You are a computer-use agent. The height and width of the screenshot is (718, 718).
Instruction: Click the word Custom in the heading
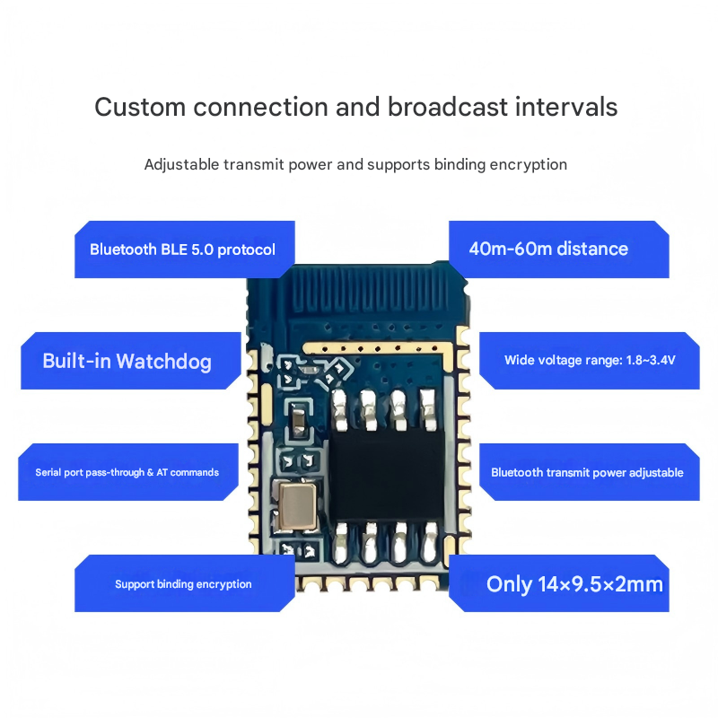click(x=140, y=107)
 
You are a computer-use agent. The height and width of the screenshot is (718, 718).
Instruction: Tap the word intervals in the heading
click(x=566, y=107)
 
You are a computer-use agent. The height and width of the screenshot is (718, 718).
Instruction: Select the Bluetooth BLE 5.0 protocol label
click(x=183, y=250)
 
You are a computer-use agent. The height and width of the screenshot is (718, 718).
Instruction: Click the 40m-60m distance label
click(x=548, y=249)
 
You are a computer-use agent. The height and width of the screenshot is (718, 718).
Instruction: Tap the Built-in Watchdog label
click(x=127, y=362)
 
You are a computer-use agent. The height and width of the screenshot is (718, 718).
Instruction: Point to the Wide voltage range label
click(x=590, y=361)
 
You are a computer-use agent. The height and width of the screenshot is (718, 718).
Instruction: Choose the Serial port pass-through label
click(x=127, y=472)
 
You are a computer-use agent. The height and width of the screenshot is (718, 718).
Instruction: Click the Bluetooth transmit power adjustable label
click(x=587, y=472)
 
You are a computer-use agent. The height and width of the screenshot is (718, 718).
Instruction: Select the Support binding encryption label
click(x=183, y=584)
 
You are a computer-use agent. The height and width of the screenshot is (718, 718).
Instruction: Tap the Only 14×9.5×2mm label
click(x=574, y=584)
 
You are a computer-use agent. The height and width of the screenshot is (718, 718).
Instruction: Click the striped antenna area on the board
click(x=377, y=292)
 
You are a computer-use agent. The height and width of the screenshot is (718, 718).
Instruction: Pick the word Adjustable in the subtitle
click(x=176, y=165)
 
